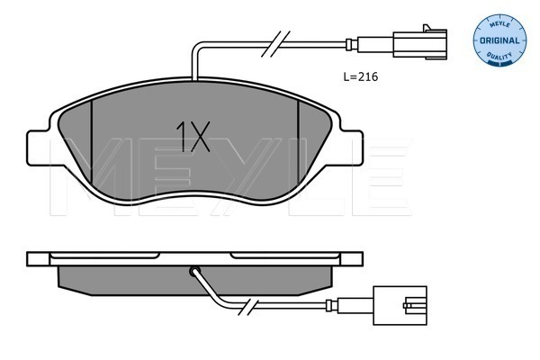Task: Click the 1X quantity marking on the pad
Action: click(x=193, y=137)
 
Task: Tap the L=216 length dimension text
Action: click(x=361, y=76)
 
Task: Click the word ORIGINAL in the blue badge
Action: click(x=499, y=40)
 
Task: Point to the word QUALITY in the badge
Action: click(x=499, y=55)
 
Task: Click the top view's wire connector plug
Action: click(x=419, y=43)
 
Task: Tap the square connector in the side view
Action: click(x=400, y=305)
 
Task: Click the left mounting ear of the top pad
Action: click(x=39, y=148)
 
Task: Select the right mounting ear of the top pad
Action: click(x=351, y=148)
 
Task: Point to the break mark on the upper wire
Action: click(x=275, y=43)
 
